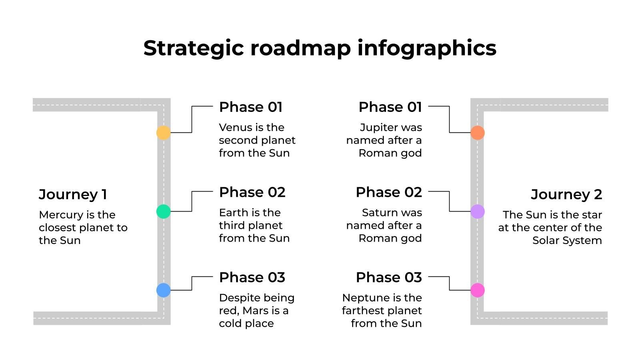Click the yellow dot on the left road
pyautogui.click(x=164, y=132)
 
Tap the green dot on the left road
pyautogui.click(x=164, y=212)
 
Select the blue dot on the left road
pyautogui.click(x=164, y=290)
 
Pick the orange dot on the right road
pyautogui.click(x=478, y=132)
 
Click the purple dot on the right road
pyautogui.click(x=478, y=212)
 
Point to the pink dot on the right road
pyautogui.click(x=478, y=290)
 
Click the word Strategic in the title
pyautogui.click(x=194, y=48)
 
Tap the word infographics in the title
pyautogui.click(x=427, y=48)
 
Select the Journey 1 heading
pyautogui.click(x=73, y=195)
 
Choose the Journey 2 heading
pyautogui.click(x=566, y=195)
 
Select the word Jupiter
pyautogui.click(x=378, y=128)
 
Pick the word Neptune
pyautogui.click(x=362, y=298)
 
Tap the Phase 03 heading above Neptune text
pyautogui.click(x=389, y=278)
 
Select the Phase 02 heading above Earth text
pyautogui.click(x=252, y=192)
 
